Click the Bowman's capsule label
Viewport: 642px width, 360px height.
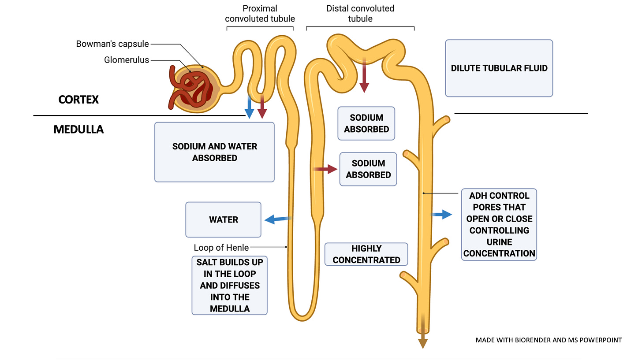112,44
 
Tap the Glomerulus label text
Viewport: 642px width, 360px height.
127,60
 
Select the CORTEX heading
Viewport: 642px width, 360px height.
78,100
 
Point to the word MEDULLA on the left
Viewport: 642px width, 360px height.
78,130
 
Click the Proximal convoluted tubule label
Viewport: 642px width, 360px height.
260,14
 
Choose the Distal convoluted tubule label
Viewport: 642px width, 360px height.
360,14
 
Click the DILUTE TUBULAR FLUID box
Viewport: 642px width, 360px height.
499,68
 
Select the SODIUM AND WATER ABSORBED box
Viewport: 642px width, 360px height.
214,152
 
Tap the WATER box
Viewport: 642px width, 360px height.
223,220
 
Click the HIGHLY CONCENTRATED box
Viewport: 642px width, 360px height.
366,254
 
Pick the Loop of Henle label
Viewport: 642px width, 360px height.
221,248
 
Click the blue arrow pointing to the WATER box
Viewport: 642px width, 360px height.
278,219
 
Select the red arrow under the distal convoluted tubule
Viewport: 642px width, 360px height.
364,75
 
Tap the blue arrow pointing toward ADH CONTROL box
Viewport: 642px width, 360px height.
441,214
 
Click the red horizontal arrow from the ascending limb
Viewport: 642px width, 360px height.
325,169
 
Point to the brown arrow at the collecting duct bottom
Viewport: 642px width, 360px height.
423,331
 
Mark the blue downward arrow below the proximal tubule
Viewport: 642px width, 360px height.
250,107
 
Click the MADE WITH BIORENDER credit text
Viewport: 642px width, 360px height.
549,340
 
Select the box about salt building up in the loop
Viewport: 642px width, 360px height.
230,286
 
